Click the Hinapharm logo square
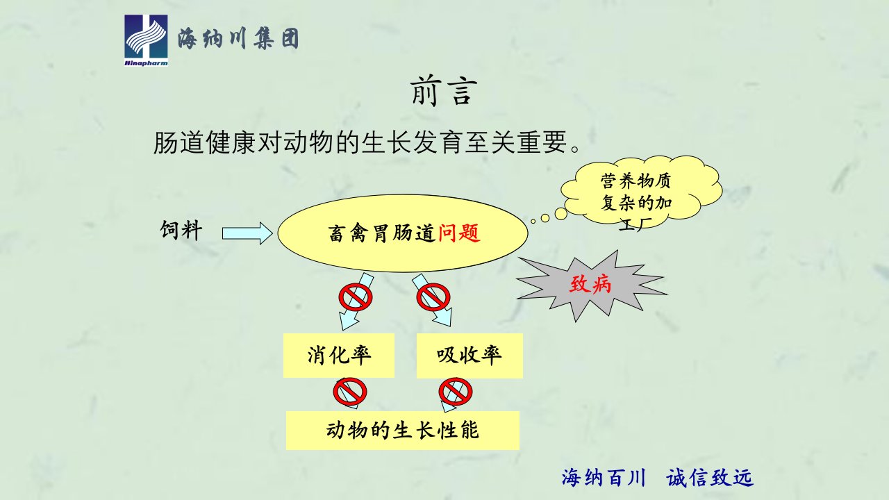[x=146, y=40]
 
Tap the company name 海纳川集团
[x=238, y=39]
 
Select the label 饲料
[x=181, y=230]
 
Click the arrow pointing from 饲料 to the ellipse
[x=247, y=233]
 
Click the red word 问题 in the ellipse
[x=459, y=233]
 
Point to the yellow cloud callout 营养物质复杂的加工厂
[x=641, y=193]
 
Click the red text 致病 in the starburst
[x=590, y=284]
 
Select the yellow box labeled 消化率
[x=338, y=355]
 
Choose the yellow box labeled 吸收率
[x=470, y=356]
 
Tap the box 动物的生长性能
[x=402, y=431]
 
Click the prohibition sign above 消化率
[x=356, y=297]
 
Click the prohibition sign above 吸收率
[x=433, y=297]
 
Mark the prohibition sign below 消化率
[x=349, y=392]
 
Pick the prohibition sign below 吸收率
[x=456, y=392]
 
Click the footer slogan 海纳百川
[x=604, y=477]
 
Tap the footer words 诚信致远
[x=710, y=477]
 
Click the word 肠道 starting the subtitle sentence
[x=179, y=142]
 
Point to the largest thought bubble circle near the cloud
[x=560, y=214]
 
